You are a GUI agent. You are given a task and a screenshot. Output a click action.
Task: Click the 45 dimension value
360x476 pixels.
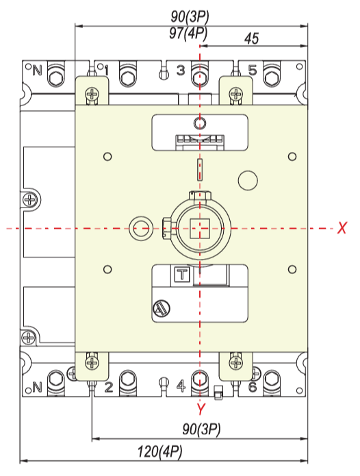(x=251, y=38)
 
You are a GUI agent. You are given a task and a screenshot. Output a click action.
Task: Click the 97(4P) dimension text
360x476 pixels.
(x=188, y=33)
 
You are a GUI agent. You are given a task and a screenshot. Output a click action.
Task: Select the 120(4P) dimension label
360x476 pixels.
(x=160, y=451)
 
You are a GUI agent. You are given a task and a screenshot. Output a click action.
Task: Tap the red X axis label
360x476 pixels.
(x=342, y=227)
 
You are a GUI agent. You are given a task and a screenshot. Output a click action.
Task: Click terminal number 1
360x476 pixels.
(x=106, y=71)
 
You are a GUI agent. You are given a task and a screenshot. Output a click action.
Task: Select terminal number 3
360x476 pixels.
(x=181, y=71)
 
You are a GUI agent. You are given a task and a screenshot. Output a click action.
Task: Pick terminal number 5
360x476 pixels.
(x=253, y=71)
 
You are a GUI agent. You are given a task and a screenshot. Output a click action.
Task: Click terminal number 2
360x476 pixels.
(x=109, y=387)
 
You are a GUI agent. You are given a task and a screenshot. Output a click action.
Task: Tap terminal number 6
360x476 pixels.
(x=253, y=387)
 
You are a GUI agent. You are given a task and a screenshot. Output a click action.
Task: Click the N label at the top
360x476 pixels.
(x=37, y=71)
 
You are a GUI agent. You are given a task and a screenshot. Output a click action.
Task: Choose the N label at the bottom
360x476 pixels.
(x=37, y=387)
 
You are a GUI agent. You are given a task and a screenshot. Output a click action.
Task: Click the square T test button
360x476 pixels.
(x=182, y=274)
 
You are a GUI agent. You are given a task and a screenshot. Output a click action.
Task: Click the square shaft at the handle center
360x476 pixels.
(x=200, y=228)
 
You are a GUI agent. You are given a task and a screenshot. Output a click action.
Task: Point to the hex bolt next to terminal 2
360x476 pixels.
(x=128, y=382)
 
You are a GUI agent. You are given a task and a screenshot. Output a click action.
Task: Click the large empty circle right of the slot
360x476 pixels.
(x=248, y=180)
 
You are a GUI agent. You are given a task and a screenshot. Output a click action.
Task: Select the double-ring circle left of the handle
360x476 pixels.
(x=140, y=228)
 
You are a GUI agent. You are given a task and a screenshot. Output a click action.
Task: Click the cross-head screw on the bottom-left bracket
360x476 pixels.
(x=92, y=362)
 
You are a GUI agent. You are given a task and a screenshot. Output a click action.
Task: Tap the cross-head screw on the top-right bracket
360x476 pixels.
(x=235, y=94)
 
